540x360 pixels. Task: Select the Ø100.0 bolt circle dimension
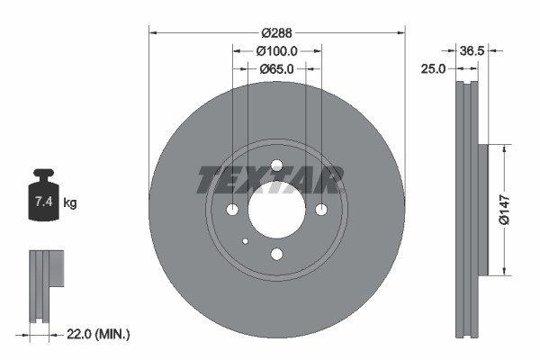pyautogui.click(x=277, y=51)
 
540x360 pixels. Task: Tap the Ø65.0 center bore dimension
pyautogui.click(x=277, y=68)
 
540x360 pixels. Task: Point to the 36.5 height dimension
pyautogui.click(x=472, y=51)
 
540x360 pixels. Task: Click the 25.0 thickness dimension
pyautogui.click(x=434, y=68)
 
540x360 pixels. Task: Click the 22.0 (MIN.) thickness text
pyautogui.click(x=100, y=334)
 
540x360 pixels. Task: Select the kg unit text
pyautogui.click(x=70, y=204)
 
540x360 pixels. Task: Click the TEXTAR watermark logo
pyautogui.click(x=270, y=180)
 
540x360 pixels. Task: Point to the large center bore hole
pyautogui.click(x=276, y=209)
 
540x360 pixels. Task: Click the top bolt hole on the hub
pyautogui.click(x=276, y=165)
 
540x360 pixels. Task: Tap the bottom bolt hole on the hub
pyautogui.click(x=276, y=254)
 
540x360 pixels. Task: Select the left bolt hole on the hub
pyautogui.click(x=232, y=210)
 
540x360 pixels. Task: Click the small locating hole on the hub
pyautogui.click(x=246, y=240)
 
